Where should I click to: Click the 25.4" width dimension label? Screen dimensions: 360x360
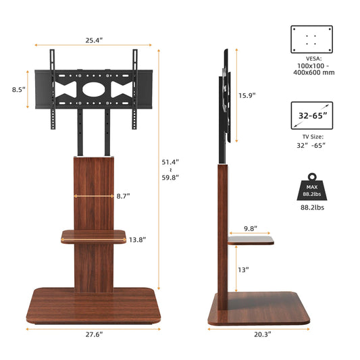pyautogui.click(x=94, y=41)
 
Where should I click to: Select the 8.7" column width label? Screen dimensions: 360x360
pyautogui.click(x=123, y=196)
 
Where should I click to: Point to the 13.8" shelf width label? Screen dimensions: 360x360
pyautogui.click(x=137, y=239)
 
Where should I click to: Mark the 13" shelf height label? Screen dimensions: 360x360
pyautogui.click(x=243, y=269)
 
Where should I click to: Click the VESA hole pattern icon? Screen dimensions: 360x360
pyautogui.click(x=311, y=39)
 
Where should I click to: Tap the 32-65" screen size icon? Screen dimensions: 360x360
pyautogui.click(x=311, y=115)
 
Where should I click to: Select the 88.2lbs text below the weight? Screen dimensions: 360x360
pyautogui.click(x=311, y=209)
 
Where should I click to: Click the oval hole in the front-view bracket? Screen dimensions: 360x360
pyautogui.click(x=94, y=88)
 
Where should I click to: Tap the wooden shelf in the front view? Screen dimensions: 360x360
pyautogui.click(x=94, y=236)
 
